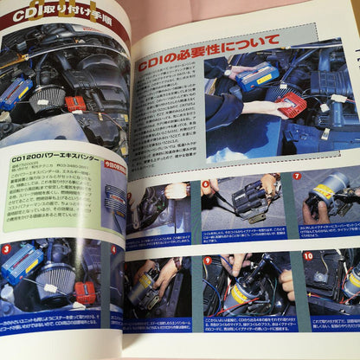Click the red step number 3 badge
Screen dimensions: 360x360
click(7, 249)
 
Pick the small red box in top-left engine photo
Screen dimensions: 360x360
click(76, 103)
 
